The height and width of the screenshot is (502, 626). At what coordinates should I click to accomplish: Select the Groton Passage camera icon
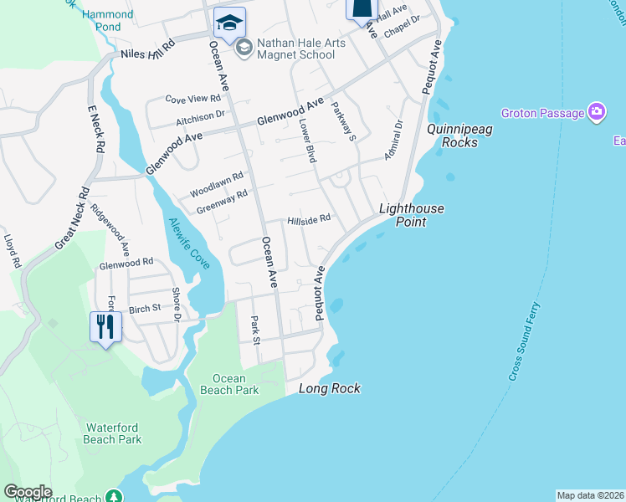coord(597,112)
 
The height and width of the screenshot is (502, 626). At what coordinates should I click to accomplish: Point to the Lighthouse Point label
coord(412,215)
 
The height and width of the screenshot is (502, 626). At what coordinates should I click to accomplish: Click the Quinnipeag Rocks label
coord(452,136)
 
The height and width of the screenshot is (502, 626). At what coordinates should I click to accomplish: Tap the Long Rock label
coord(330,388)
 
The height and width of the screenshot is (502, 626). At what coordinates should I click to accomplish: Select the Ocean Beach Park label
coord(229,384)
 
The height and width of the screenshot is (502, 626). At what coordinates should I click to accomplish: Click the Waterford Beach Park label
coord(113,433)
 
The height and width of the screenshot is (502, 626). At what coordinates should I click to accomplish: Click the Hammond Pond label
coord(108,21)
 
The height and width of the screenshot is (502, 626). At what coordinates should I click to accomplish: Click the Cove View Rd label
coord(192,99)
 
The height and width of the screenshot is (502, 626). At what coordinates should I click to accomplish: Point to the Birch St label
coord(145,309)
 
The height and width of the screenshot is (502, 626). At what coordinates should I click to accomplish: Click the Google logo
coord(28,492)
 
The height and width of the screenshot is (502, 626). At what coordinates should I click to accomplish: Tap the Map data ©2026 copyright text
coord(590,495)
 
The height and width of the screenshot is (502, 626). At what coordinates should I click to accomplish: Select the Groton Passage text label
coord(541,113)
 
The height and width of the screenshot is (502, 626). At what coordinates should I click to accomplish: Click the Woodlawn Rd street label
coord(216,177)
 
